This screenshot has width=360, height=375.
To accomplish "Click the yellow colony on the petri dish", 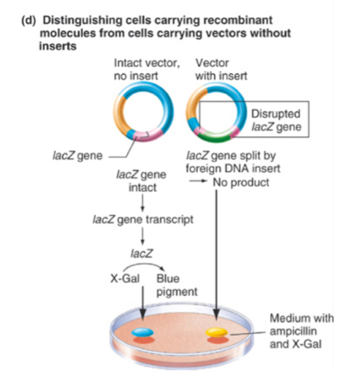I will coord(216,332).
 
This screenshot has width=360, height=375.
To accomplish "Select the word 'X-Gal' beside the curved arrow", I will coord(122,279).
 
